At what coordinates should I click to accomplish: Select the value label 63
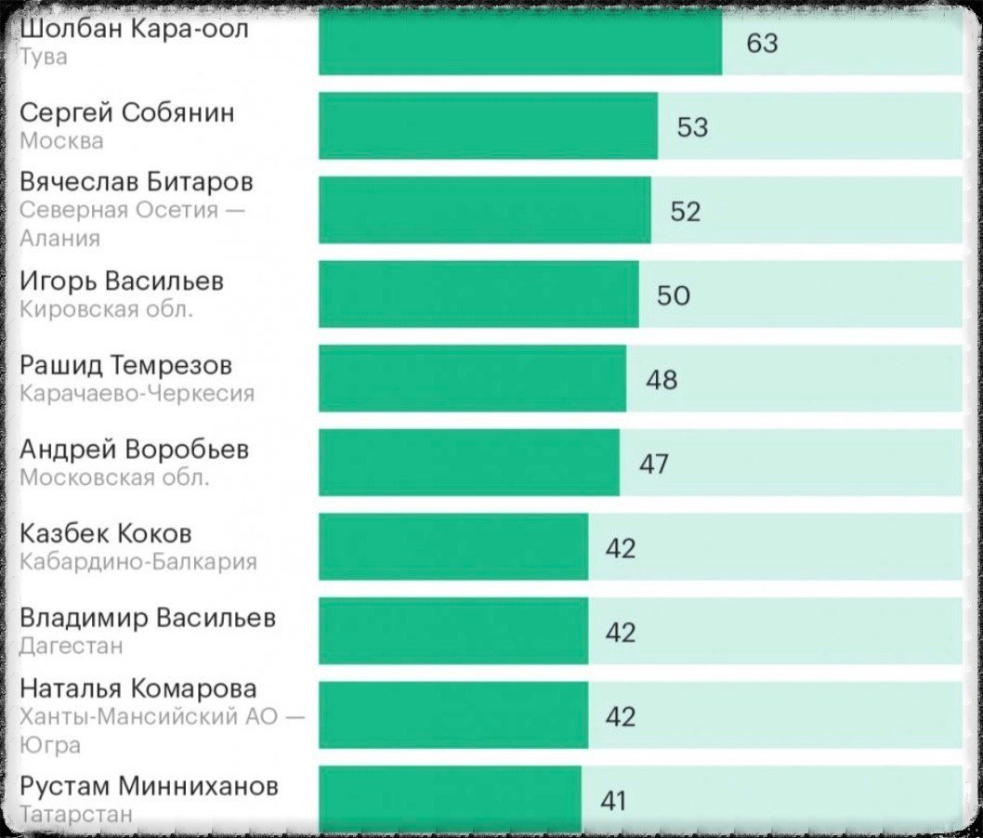[762, 43]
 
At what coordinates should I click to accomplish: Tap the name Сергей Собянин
[127, 113]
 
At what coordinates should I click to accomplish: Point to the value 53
[692, 127]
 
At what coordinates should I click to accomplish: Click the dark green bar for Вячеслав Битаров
[485, 210]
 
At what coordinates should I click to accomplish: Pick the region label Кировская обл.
[107, 309]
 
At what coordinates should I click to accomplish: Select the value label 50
[673, 295]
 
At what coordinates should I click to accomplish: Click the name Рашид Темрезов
[126, 366]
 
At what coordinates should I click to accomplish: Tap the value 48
[661, 380]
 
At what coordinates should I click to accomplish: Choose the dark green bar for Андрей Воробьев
[469, 463]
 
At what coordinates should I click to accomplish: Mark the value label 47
[653, 464]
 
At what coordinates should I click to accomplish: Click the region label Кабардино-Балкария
[138, 561]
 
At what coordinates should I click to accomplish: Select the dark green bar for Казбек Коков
[453, 546]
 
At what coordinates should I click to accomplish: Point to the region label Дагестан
[72, 646]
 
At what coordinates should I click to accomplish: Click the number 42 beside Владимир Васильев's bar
[621, 633]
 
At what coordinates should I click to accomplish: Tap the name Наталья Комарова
[138, 689]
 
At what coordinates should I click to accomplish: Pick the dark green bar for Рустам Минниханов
[450, 799]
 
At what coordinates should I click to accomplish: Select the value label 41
[613, 800]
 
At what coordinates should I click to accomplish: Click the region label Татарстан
[76, 814]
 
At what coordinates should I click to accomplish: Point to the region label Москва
[61, 141]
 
